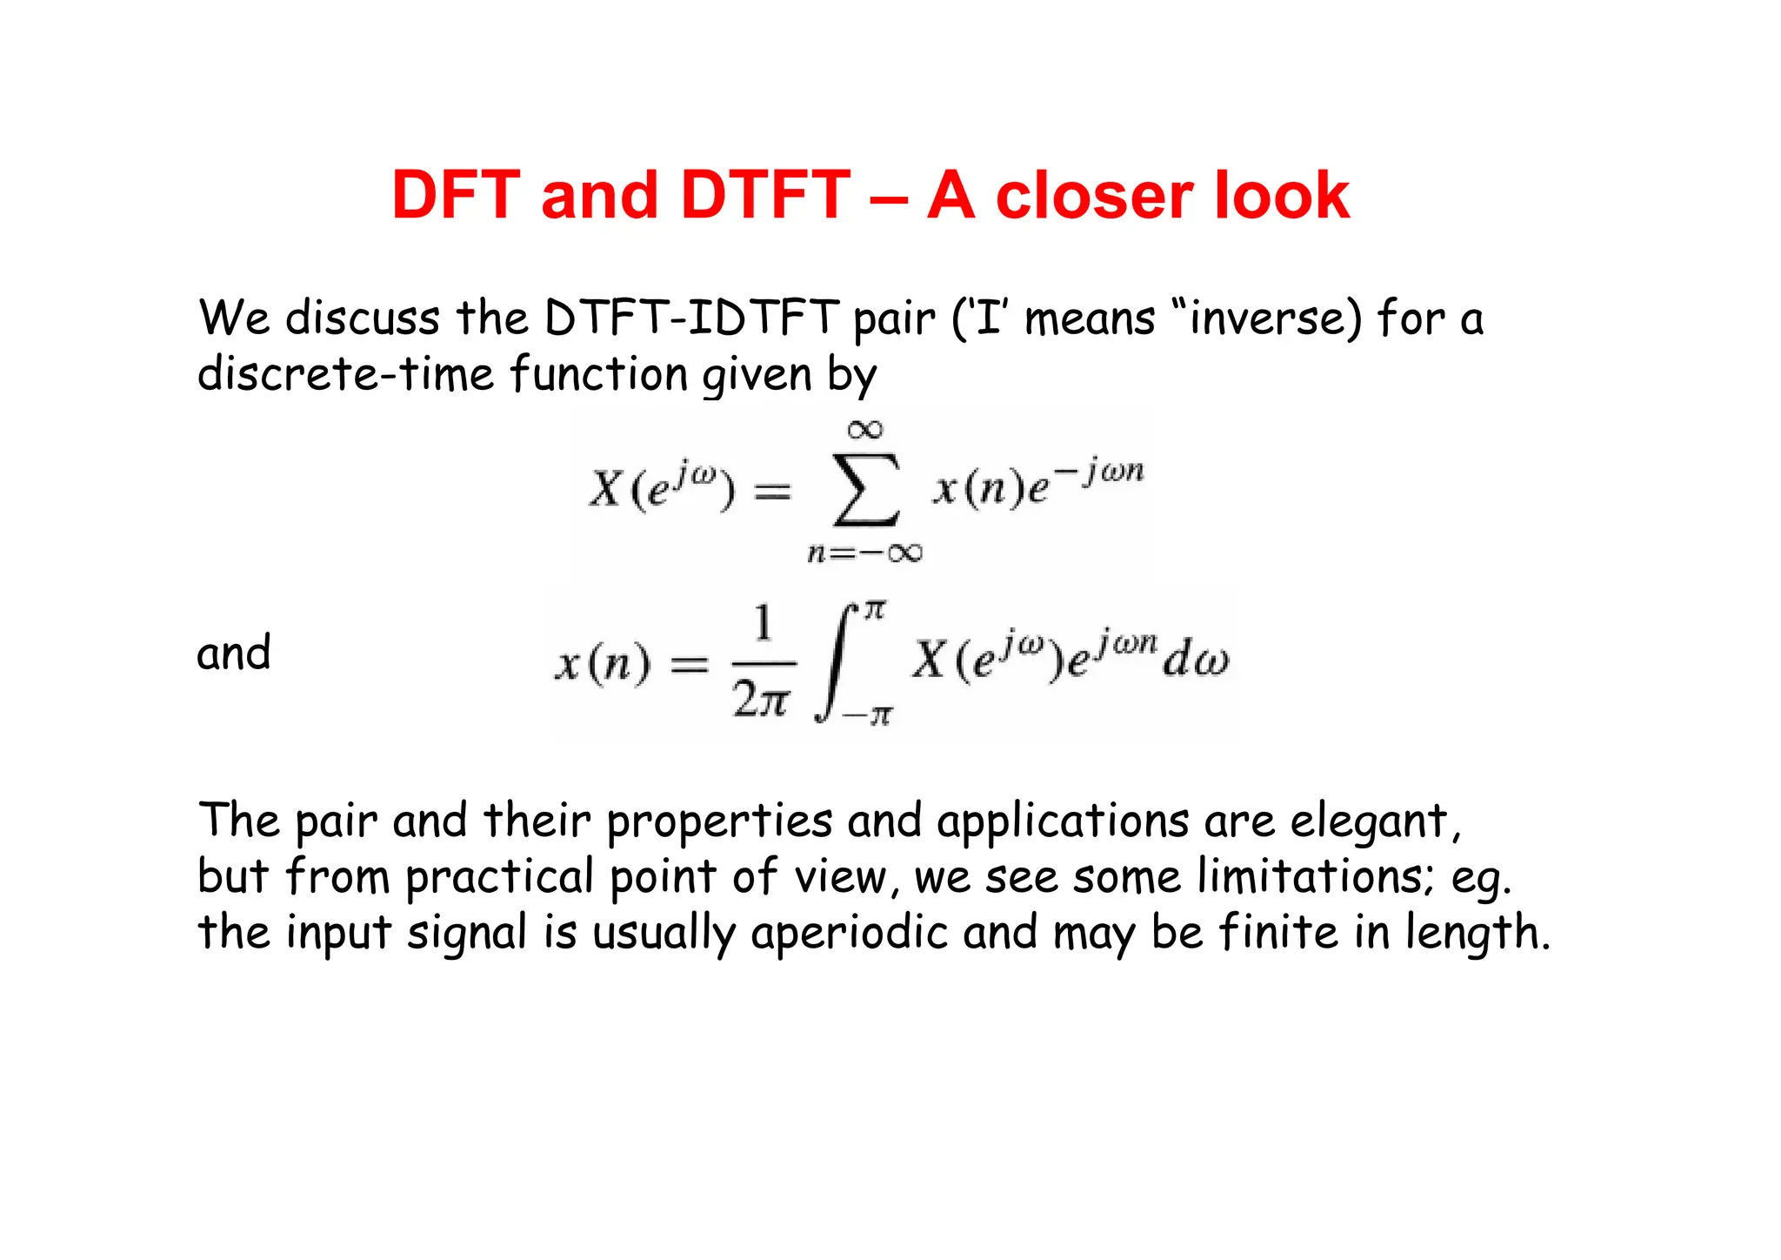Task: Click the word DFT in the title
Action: point(456,195)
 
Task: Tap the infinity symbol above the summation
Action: point(865,429)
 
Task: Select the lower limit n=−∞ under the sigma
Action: point(865,553)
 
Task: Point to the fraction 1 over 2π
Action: point(763,663)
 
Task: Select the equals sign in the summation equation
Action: point(772,493)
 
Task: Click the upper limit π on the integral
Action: point(875,610)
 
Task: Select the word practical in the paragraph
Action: point(499,878)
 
